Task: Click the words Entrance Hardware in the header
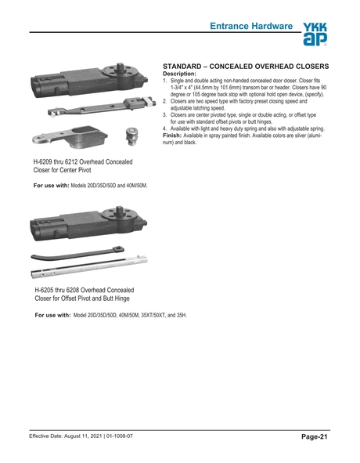pyautogui.click(x=251, y=27)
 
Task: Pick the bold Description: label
pyautogui.click(x=182, y=74)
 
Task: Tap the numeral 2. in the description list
pyautogui.click(x=164, y=102)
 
